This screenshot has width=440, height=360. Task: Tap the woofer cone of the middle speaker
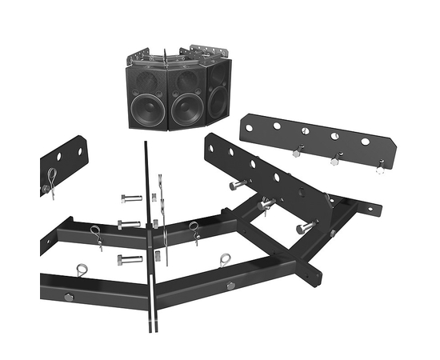click(187, 107)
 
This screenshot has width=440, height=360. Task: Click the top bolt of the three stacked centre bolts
click(130, 198)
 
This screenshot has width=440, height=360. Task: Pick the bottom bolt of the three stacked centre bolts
click(129, 258)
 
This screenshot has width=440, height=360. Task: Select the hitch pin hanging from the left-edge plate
click(50, 182)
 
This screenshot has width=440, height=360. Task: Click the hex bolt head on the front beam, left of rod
click(68, 297)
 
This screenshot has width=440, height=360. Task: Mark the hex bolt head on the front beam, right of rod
click(230, 286)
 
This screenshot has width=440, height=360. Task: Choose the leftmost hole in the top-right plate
click(249, 127)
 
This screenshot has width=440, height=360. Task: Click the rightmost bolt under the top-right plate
click(379, 167)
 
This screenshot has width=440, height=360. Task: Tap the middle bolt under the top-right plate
click(334, 159)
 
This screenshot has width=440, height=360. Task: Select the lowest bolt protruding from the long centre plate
click(305, 229)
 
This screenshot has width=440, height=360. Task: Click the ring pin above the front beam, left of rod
click(83, 270)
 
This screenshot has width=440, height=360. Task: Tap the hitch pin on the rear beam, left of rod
click(97, 235)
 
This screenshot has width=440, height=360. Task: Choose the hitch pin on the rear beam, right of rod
click(194, 231)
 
